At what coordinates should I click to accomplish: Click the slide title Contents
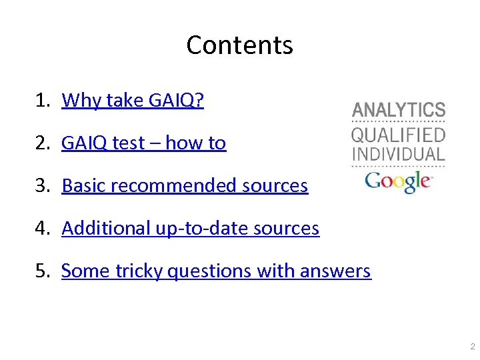coord(239,45)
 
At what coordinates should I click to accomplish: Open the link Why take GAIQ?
coord(133,100)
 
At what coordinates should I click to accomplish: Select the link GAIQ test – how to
coord(143,143)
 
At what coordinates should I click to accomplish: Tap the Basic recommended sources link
coord(185,185)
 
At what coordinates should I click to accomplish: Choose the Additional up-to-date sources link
coord(190,228)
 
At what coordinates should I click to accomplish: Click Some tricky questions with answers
coord(216,271)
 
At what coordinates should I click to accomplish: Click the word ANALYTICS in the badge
coord(399,110)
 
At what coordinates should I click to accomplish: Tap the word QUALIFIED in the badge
coord(399,135)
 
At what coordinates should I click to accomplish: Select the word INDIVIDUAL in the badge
coord(399,154)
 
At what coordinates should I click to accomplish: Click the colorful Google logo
coord(399,181)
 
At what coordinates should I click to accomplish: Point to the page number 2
coord(471,347)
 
